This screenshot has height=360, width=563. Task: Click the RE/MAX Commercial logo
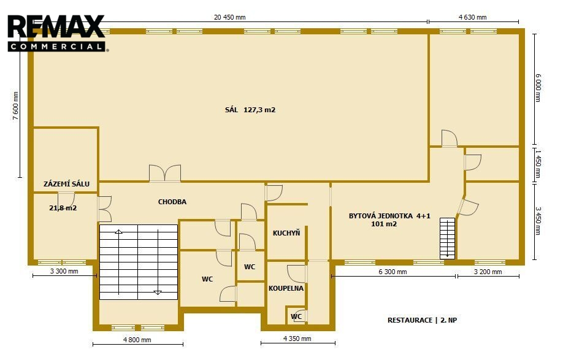tap(57, 33)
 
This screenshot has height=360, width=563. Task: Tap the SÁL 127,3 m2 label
tap(250, 110)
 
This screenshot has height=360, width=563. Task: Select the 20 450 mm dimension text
tap(230, 17)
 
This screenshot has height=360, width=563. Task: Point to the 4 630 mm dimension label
tap(472, 17)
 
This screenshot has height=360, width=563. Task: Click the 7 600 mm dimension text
tap(15, 105)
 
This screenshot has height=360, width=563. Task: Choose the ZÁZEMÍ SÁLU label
tap(66, 184)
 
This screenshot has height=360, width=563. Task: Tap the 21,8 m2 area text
tap(63, 208)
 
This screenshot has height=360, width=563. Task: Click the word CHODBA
tap(172, 202)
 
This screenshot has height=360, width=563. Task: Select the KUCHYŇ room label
tap(286, 233)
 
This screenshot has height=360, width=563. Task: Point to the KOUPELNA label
tap(286, 288)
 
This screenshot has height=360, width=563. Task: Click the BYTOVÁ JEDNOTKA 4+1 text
tap(389, 216)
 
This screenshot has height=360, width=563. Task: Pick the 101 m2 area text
tap(384, 224)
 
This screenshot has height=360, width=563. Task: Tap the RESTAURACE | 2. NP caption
tap(422, 320)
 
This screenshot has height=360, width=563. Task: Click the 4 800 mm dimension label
tap(137, 340)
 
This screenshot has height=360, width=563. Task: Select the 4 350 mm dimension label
tap(297, 339)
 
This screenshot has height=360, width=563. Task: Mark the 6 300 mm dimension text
tap(393, 272)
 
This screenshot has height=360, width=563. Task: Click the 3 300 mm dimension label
tap(64, 271)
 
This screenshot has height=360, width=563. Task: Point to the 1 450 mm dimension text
tap(537, 164)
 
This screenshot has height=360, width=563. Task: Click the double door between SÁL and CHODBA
tap(165, 173)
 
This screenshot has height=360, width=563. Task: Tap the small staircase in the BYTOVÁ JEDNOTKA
tap(447, 239)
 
